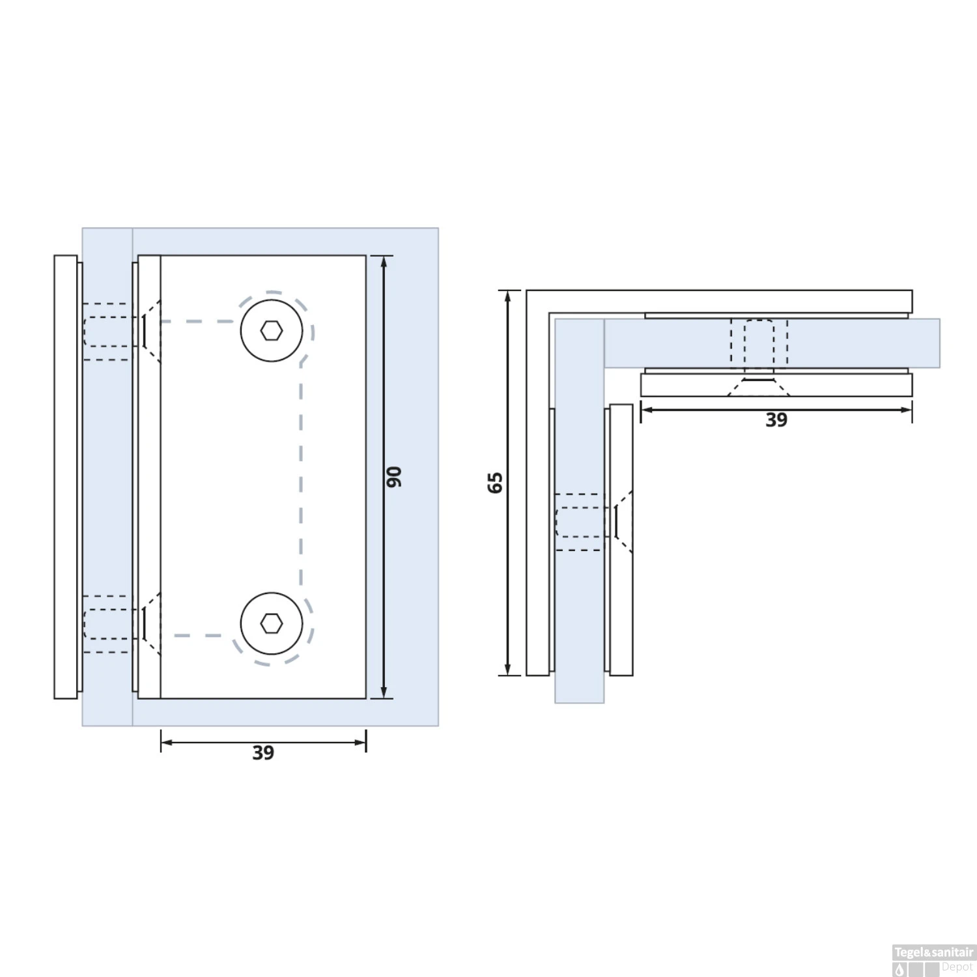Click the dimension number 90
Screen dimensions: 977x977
(x=395, y=476)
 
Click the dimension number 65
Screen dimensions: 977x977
(x=496, y=482)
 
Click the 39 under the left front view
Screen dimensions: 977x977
(x=263, y=753)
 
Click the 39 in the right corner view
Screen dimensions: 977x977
(x=776, y=420)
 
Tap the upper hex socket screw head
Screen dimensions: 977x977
(x=272, y=331)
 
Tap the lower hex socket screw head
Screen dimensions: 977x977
(x=272, y=624)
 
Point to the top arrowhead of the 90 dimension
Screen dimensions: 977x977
(x=384, y=261)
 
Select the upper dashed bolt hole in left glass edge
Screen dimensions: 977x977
(x=108, y=332)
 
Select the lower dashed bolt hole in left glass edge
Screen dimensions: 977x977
(x=108, y=624)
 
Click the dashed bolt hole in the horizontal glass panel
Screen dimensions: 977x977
(x=759, y=343)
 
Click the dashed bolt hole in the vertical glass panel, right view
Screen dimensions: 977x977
(x=580, y=522)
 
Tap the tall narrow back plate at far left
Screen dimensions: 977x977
(x=65, y=477)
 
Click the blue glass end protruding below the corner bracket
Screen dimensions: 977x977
(x=579, y=689)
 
